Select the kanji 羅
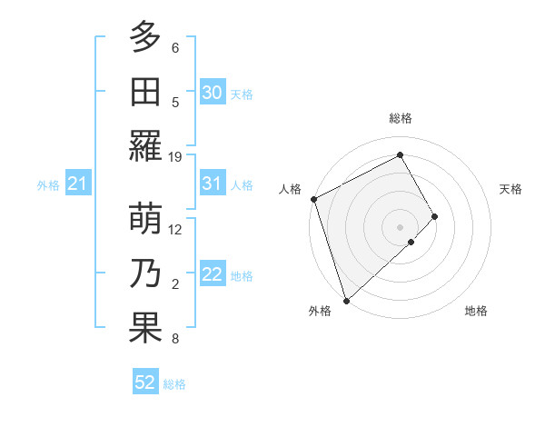click(x=145, y=147)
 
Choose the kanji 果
click(x=145, y=329)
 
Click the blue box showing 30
click(x=212, y=92)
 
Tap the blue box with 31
click(x=212, y=184)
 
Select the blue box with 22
click(x=212, y=275)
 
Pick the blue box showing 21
click(x=77, y=184)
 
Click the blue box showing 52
click(x=145, y=382)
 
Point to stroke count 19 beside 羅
click(x=175, y=156)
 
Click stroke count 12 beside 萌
click(x=175, y=229)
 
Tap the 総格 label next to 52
click(x=174, y=384)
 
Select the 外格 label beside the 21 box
click(x=48, y=185)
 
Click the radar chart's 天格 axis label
click(x=511, y=189)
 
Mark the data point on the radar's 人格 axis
click(x=313, y=199)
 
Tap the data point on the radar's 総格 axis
click(x=401, y=154)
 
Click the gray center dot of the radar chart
click(x=401, y=225)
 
